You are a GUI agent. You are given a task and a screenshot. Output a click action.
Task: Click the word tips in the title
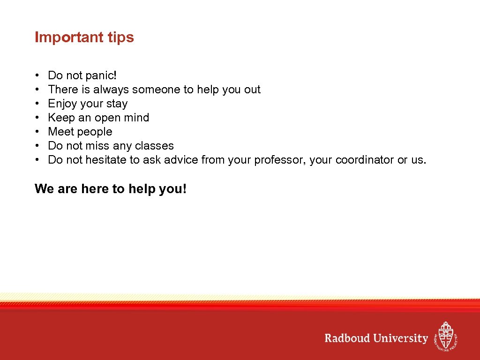pyautogui.click(x=121, y=37)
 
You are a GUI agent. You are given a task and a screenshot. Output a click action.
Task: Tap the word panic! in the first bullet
pyautogui.click(x=101, y=75)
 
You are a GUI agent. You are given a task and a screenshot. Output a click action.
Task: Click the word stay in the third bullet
pyautogui.click(x=117, y=104)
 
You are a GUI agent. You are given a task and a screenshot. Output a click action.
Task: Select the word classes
pyautogui.click(x=154, y=146)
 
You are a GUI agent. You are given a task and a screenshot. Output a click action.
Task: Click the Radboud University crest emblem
pyautogui.click(x=445, y=336)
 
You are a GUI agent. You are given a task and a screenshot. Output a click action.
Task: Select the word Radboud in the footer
pyautogui.click(x=347, y=338)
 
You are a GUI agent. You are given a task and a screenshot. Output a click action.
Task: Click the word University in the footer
pyautogui.click(x=401, y=338)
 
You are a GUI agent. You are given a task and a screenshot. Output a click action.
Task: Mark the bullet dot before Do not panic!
pyautogui.click(x=37, y=76)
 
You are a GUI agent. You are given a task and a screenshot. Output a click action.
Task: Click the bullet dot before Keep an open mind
pyautogui.click(x=37, y=118)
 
